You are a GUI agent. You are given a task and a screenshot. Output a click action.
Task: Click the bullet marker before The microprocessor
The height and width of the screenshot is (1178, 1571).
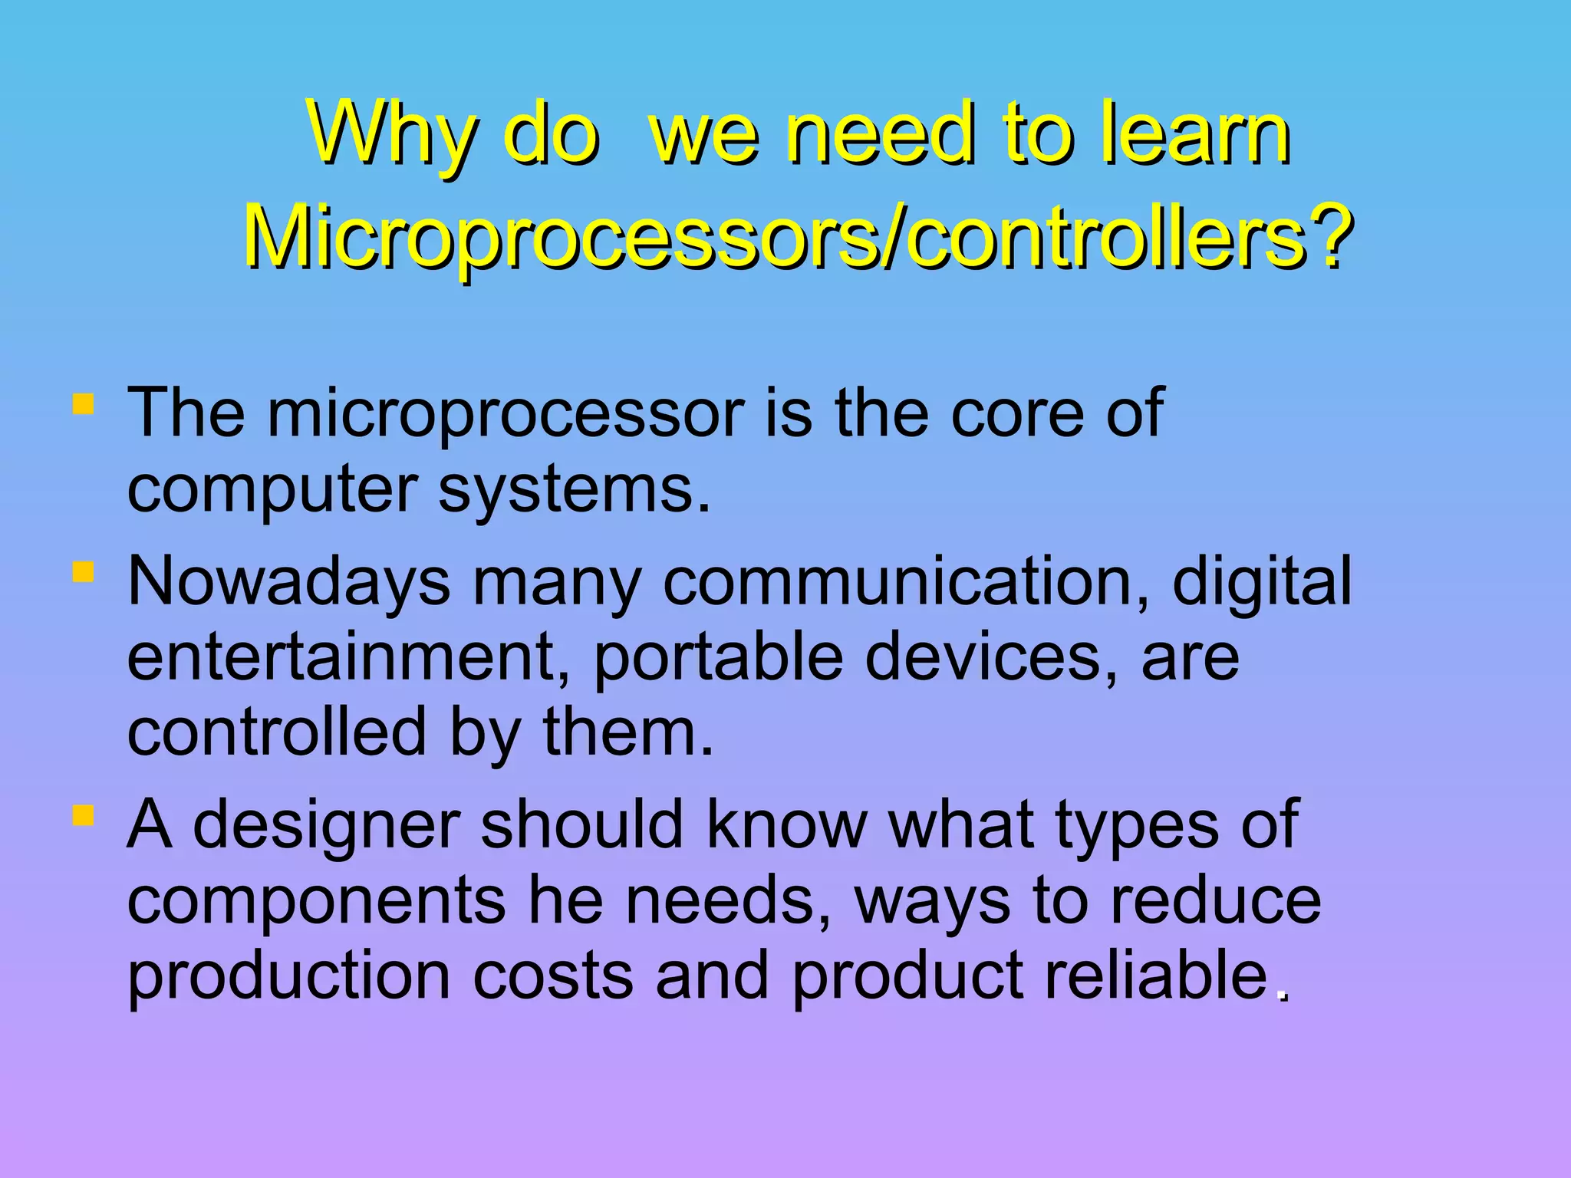83,404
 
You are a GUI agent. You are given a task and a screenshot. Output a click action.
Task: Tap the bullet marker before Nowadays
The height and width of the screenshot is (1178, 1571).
83,572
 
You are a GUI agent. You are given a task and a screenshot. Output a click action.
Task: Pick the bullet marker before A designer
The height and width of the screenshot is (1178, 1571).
83,814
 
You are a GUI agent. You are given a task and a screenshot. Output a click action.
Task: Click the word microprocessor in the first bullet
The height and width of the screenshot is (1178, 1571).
506,415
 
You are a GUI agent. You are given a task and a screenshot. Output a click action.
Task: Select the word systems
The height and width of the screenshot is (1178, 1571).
574,491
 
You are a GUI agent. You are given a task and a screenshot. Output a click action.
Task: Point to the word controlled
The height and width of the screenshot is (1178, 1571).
276,732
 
